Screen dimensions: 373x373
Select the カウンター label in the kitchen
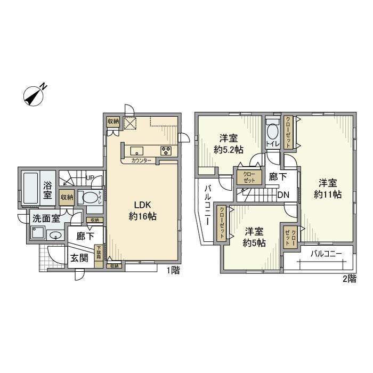point(141,160)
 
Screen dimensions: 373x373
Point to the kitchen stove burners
point(166,150)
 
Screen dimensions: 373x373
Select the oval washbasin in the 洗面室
point(54,235)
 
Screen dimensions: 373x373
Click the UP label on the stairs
point(90,178)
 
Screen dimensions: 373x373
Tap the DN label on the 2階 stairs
point(283,195)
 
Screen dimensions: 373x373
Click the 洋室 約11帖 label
point(327,188)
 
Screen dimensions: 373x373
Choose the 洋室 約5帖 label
point(254,237)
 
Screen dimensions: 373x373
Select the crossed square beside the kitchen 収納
point(131,123)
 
